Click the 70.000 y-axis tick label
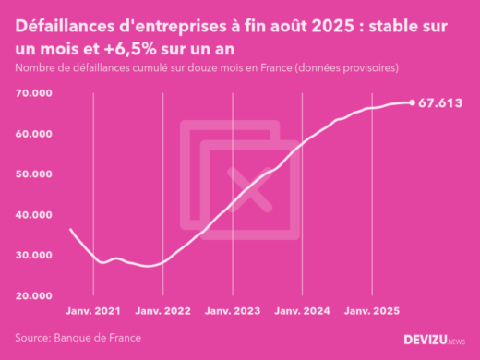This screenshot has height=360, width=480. click(x=33, y=93)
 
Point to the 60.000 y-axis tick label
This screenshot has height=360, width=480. click(x=33, y=134)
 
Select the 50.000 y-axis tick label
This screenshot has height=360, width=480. click(x=33, y=174)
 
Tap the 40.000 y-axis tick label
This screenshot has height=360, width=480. click(x=33, y=215)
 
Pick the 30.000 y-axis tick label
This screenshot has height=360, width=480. click(x=33, y=256)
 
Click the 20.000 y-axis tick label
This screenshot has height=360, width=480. click(x=33, y=296)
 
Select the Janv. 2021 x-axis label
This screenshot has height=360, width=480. click(x=93, y=312)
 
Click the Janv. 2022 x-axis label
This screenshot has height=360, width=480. click(x=162, y=312)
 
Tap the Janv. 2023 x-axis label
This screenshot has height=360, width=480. click(x=233, y=312)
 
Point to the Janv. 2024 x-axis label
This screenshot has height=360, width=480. click(x=302, y=312)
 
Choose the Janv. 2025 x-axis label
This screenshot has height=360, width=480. click(x=371, y=312)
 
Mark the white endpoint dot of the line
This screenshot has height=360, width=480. click(x=412, y=102)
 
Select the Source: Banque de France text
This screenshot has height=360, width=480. click(x=78, y=338)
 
